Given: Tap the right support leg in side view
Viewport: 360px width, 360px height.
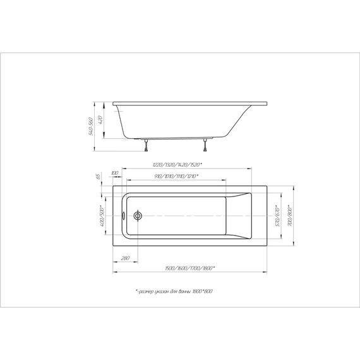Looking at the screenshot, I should point(207,147).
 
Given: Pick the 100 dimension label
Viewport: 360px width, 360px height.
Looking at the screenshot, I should point(115,172).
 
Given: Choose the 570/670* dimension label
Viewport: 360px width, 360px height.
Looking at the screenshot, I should point(279,216).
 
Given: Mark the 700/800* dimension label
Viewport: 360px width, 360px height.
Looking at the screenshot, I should point(290,216).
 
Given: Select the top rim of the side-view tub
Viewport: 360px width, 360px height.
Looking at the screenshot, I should point(189,102).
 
